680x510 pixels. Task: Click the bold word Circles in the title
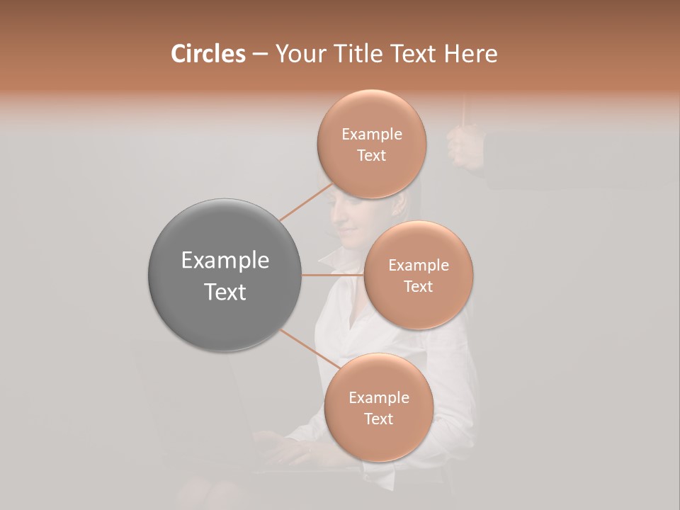point(208,54)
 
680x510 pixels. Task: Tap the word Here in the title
point(470,54)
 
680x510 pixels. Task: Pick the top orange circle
point(371,144)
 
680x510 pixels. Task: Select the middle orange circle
point(418,275)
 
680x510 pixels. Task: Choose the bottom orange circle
point(378,407)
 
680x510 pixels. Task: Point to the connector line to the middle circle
point(333,275)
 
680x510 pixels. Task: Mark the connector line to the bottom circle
point(309,350)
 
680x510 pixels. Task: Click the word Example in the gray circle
point(225,260)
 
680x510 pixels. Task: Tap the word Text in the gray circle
point(225,292)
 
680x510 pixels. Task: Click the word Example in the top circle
point(371,134)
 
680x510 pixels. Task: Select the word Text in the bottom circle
point(378,419)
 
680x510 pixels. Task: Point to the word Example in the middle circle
point(418,265)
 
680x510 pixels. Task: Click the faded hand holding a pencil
point(465,145)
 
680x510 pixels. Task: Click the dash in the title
point(259,54)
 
